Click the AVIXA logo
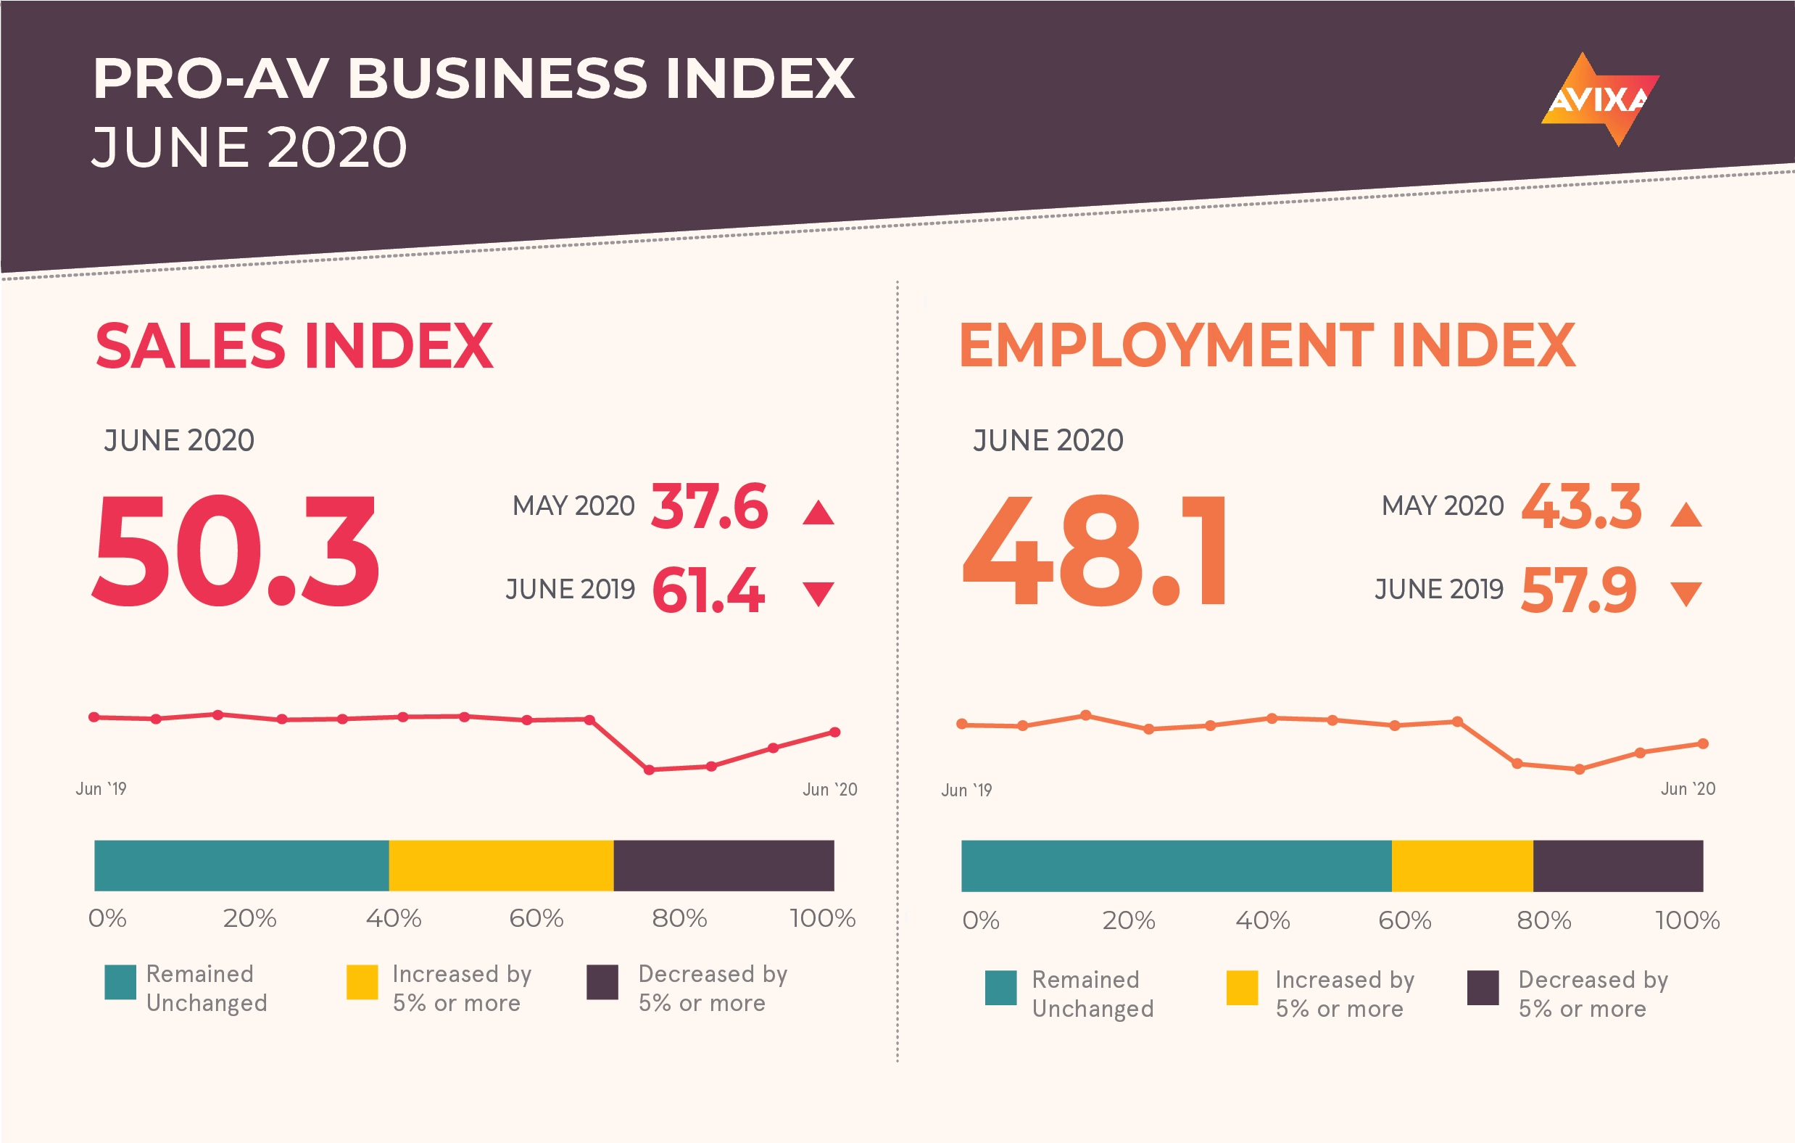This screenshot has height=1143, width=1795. click(1600, 99)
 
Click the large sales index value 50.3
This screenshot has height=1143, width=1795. click(236, 551)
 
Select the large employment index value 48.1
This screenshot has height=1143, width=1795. click(1094, 551)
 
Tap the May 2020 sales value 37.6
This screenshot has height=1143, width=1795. click(709, 506)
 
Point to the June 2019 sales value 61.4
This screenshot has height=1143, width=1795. click(708, 590)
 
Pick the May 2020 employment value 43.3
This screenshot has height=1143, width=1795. click(1581, 506)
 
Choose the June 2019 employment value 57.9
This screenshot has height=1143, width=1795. click(1579, 590)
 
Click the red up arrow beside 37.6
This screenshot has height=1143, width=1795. click(818, 513)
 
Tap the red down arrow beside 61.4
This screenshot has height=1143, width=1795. click(818, 593)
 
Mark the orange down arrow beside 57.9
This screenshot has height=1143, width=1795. click(1686, 593)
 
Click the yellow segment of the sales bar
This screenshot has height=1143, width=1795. click(501, 866)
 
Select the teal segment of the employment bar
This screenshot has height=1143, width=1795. click(1176, 866)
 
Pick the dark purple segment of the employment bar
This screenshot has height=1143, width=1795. click(1617, 866)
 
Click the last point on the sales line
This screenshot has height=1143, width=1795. click(835, 733)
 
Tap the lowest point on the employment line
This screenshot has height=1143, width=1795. click(1579, 769)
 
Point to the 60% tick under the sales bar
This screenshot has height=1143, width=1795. click(536, 918)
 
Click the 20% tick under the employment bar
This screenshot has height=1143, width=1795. click(1129, 920)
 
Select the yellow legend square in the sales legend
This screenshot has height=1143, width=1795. click(362, 982)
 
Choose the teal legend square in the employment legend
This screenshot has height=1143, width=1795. click(1000, 988)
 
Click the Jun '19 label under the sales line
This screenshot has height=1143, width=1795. click(101, 789)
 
